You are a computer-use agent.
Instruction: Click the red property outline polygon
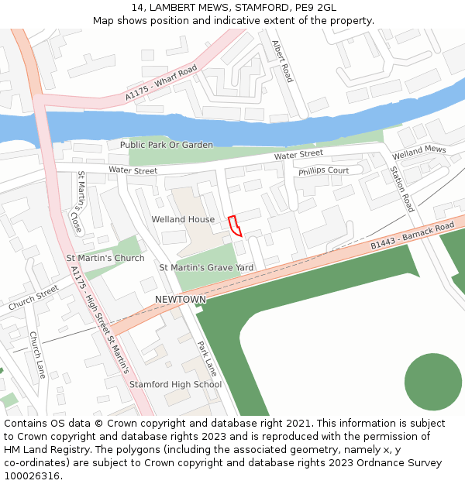coord(235,225)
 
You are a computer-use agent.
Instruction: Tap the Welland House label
coord(183,219)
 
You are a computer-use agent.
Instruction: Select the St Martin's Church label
coord(105,258)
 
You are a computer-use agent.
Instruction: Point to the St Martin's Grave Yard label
coord(206,268)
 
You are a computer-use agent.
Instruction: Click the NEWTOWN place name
coord(181,299)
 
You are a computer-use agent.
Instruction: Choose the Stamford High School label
coord(175,384)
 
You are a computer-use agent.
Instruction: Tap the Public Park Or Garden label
coord(166,145)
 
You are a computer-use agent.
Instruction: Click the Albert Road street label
coord(282,62)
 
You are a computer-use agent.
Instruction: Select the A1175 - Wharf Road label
coord(161,84)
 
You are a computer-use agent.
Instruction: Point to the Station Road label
coord(401,189)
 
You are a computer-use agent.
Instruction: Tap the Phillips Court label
coord(324,170)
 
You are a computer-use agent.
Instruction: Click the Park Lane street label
coord(206,359)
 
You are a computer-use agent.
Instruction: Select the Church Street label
coord(33,298)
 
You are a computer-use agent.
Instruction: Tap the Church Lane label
coord(37,355)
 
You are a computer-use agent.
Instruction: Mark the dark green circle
coord(433,382)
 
